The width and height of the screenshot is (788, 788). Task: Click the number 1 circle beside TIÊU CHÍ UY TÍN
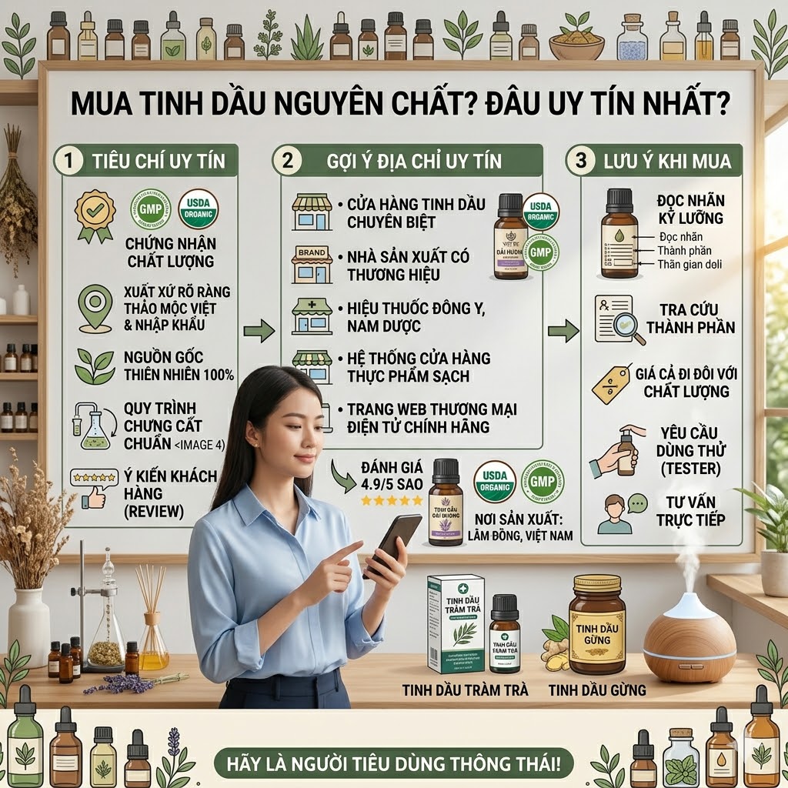pos(69,161)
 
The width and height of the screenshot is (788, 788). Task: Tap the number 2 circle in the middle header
pos(287,161)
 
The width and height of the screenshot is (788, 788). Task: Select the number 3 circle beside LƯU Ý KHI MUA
pos(579,161)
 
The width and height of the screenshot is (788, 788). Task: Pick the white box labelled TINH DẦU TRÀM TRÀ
pos(456,623)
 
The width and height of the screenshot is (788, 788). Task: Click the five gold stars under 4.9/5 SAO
pos(392,500)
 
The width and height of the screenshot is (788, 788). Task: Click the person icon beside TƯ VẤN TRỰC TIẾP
pos(615,513)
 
